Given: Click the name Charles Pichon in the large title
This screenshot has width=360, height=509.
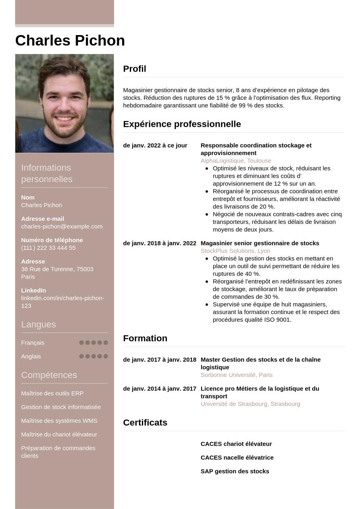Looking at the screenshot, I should click(x=70, y=41).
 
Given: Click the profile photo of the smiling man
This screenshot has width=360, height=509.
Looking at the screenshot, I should click(x=65, y=103).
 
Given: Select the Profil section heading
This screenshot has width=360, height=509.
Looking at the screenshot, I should click(x=135, y=69).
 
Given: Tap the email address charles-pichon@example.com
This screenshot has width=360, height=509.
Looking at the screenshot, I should click(x=62, y=226).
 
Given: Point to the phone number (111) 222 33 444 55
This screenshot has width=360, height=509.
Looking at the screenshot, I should click(x=48, y=248).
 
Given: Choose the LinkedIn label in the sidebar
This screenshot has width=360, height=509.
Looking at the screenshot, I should click(x=33, y=291).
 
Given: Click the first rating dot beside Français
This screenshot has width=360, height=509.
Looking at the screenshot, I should click(x=81, y=343).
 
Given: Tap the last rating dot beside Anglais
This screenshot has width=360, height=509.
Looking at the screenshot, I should click(x=106, y=356).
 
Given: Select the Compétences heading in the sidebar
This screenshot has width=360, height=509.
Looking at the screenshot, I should click(x=49, y=375).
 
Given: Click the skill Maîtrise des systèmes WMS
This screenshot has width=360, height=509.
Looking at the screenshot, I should click(x=59, y=421).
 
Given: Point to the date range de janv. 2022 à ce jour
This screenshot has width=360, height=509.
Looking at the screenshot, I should click(x=155, y=145).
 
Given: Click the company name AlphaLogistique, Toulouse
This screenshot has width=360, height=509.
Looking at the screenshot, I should click(x=236, y=161).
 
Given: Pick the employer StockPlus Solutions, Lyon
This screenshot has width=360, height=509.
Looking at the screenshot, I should click(x=235, y=251).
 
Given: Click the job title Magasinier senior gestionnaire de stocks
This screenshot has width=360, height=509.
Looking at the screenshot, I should click(x=260, y=243).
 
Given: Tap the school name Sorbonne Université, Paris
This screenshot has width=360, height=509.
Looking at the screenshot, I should click(x=237, y=375).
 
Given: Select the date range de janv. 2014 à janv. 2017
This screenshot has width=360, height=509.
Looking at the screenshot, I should click(x=160, y=389).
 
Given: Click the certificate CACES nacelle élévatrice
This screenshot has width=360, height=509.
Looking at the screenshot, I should click(x=237, y=458).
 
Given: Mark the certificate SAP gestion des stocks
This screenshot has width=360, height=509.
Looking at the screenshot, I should click(x=235, y=472).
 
